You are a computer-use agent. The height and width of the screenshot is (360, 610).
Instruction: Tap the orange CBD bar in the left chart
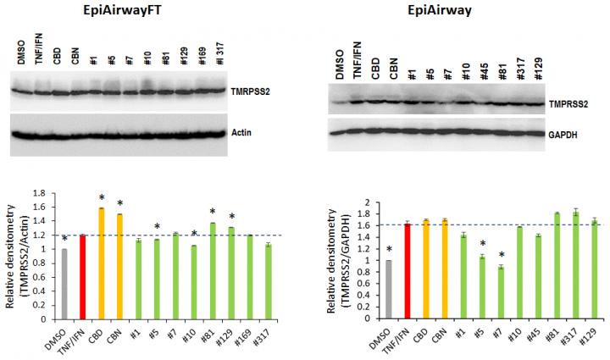coord(102,263)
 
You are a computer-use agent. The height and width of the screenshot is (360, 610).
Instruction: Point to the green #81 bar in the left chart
coord(212,271)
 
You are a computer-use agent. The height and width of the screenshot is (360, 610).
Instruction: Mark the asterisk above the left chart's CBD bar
coord(102,197)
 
